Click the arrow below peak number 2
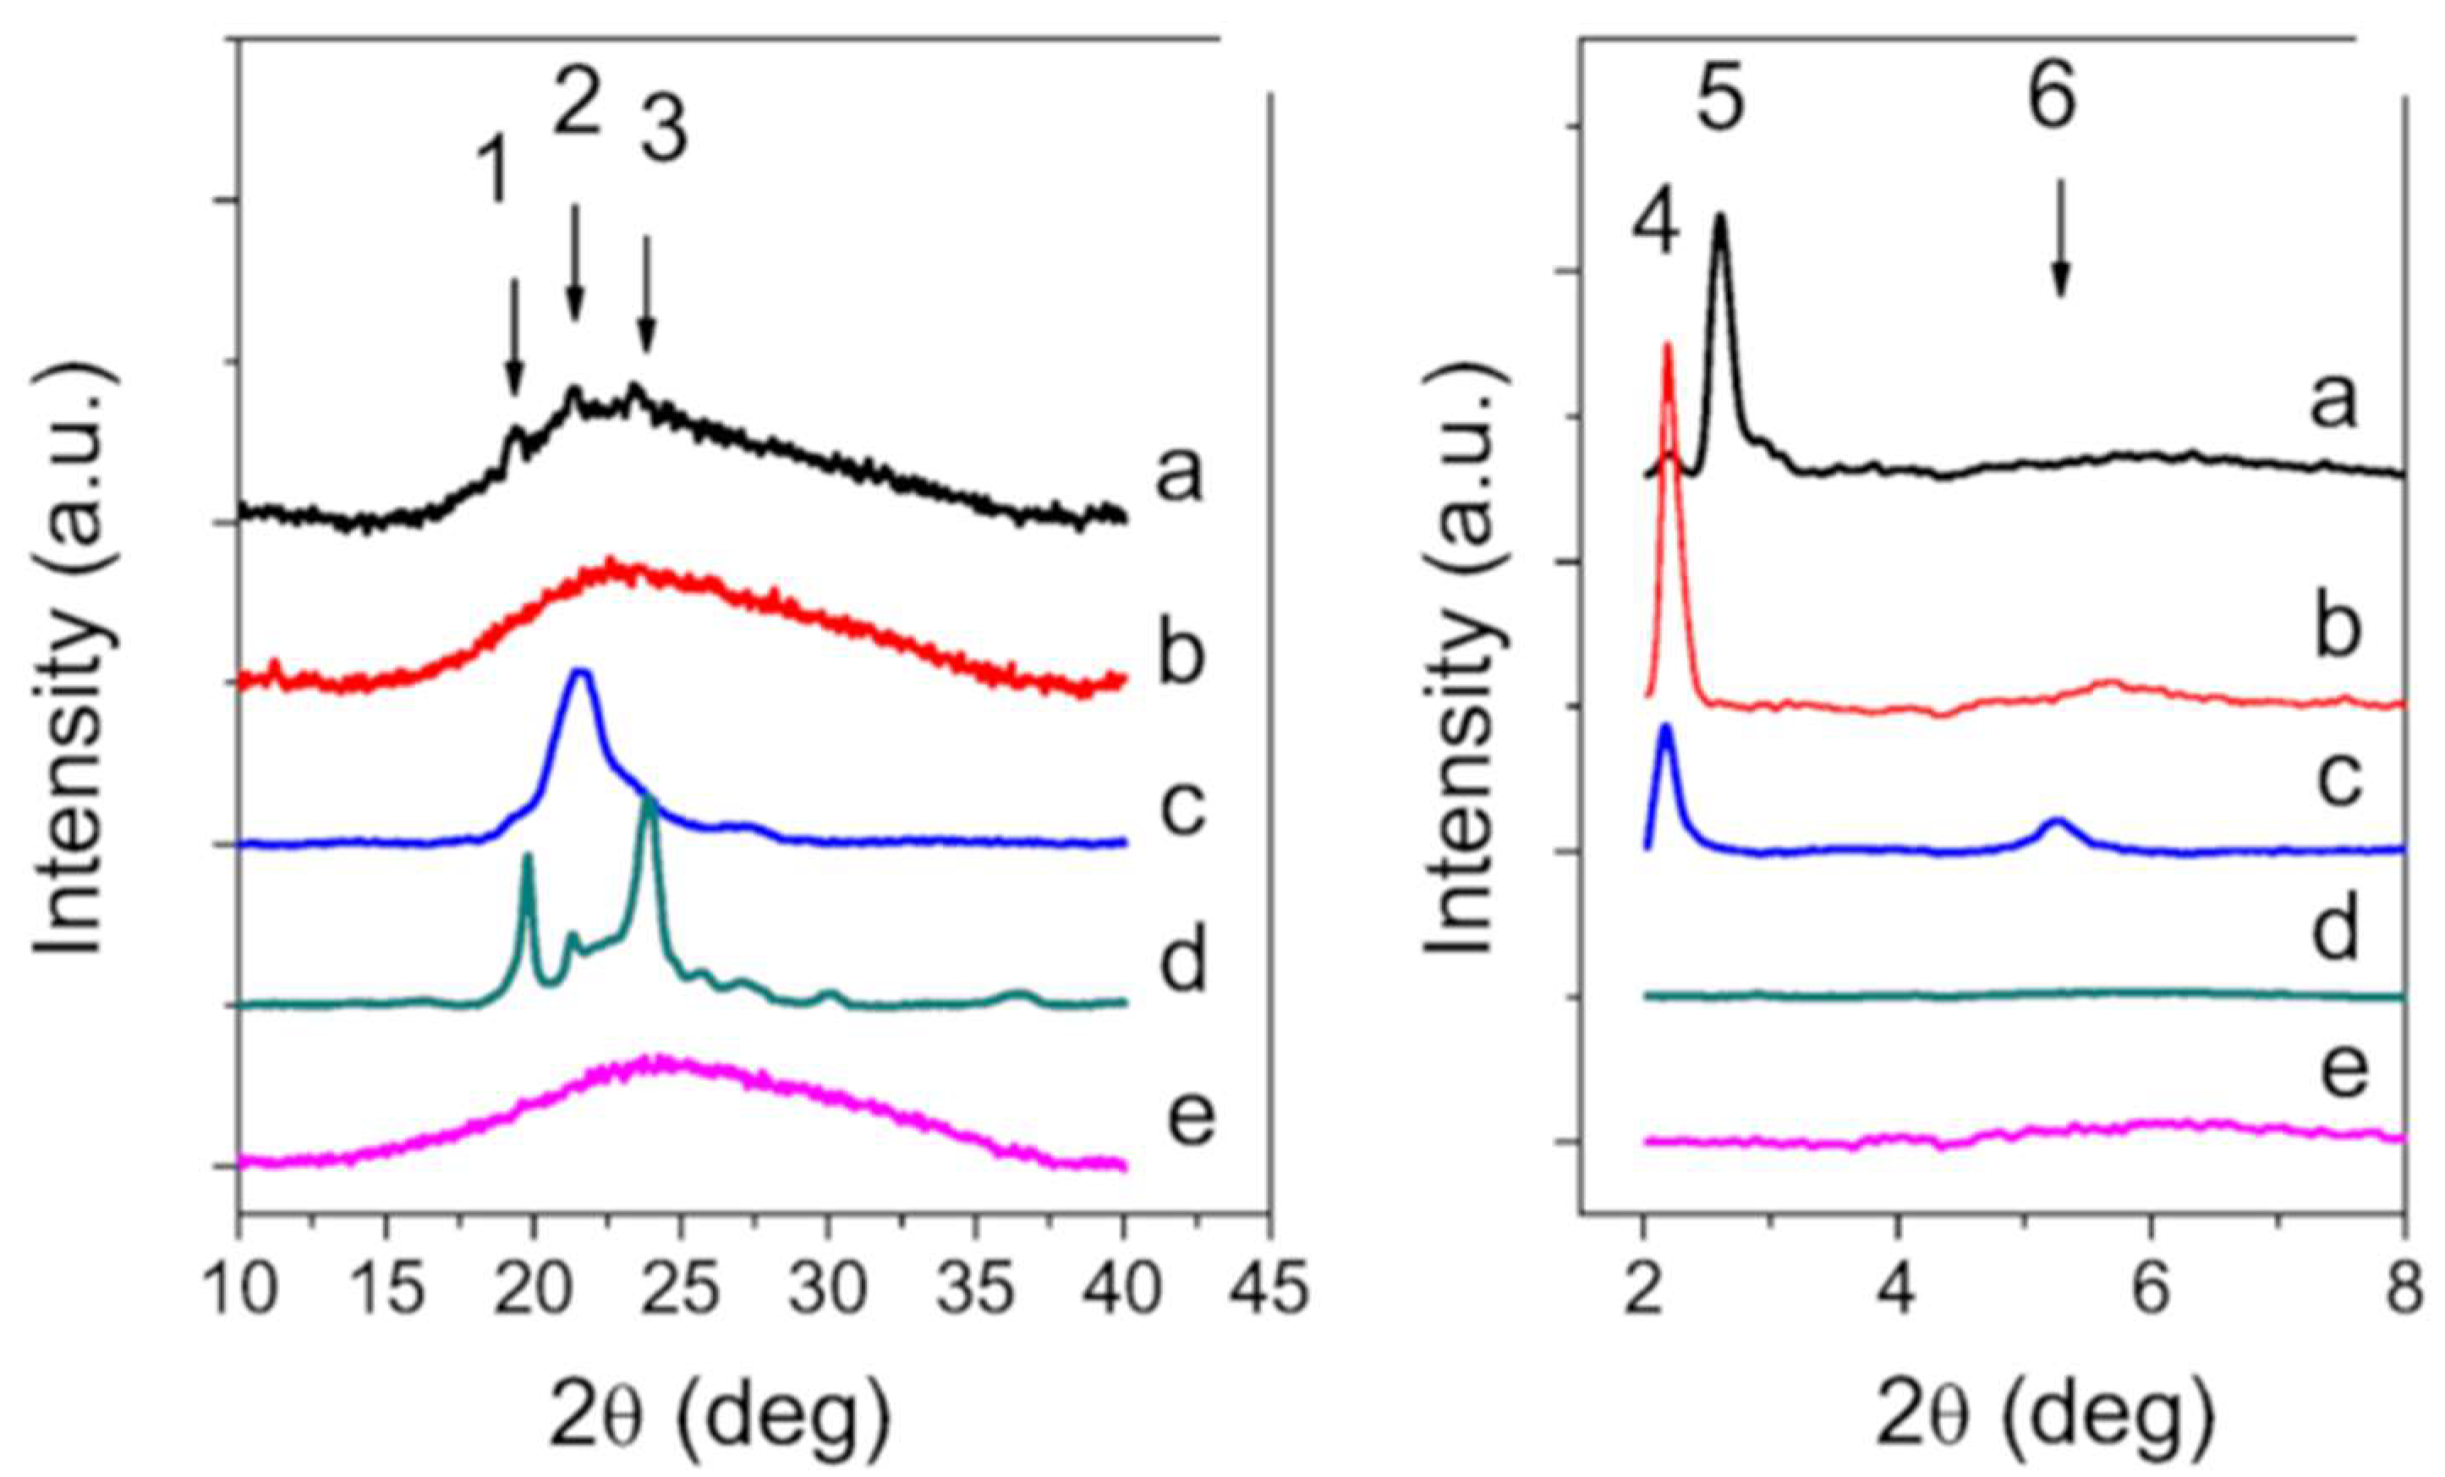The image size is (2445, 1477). pos(574,263)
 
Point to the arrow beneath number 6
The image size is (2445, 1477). pos(2061,239)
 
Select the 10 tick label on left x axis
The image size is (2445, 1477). pos(238,1295)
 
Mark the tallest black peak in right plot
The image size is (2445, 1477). pos(1719,220)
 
